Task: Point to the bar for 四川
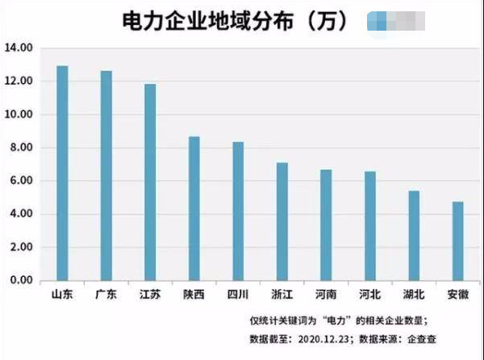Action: [x=238, y=211]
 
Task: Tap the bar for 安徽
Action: [x=457, y=241]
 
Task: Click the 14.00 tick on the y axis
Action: [x=19, y=48]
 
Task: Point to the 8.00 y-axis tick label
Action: [x=21, y=148]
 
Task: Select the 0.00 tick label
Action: [x=21, y=280]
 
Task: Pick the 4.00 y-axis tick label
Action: [x=21, y=214]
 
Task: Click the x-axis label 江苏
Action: [x=150, y=294]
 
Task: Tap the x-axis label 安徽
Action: [x=457, y=294]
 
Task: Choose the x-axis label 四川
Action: [x=238, y=294]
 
